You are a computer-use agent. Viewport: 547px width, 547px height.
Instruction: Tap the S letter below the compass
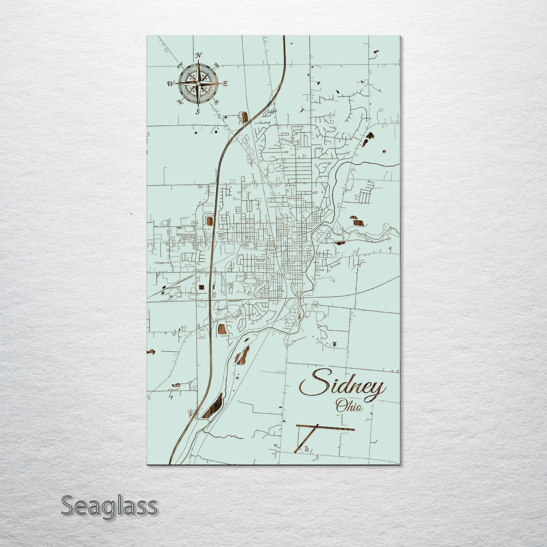click(x=197, y=111)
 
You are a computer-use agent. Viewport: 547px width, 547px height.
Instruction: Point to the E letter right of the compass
click(x=225, y=84)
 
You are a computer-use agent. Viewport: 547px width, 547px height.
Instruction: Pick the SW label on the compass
click(x=180, y=102)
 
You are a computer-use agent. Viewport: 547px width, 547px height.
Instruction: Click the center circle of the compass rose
click(x=198, y=83)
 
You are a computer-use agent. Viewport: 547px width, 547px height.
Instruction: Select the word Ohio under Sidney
click(x=349, y=407)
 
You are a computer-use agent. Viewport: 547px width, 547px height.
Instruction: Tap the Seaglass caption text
click(x=109, y=506)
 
